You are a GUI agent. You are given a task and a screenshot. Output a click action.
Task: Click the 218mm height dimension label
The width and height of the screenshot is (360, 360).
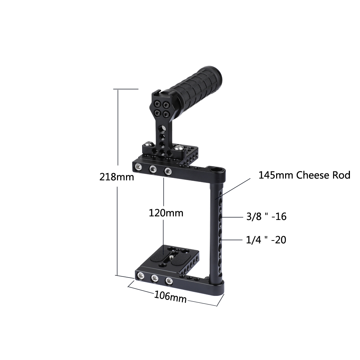(117, 177)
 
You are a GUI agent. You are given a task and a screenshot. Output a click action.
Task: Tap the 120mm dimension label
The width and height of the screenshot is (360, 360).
(166, 213)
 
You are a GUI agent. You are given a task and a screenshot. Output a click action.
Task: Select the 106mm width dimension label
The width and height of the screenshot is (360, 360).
(170, 297)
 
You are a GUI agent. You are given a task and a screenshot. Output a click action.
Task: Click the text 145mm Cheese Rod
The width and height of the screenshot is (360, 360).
(304, 175)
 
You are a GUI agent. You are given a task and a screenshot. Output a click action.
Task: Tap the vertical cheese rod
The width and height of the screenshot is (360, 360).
(218, 230)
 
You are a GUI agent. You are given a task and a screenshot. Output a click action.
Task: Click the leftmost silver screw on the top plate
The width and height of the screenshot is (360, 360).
(138, 167)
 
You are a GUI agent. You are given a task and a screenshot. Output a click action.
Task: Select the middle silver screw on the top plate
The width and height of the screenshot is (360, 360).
(153, 168)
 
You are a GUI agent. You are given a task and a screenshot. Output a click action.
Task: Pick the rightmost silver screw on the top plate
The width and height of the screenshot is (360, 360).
(167, 171)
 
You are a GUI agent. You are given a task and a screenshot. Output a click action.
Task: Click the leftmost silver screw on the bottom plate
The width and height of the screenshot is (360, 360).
(140, 276)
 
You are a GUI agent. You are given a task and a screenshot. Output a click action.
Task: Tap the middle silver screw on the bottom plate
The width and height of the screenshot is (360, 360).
(155, 278)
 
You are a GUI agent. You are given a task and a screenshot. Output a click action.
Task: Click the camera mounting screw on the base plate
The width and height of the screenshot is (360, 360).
(172, 257)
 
